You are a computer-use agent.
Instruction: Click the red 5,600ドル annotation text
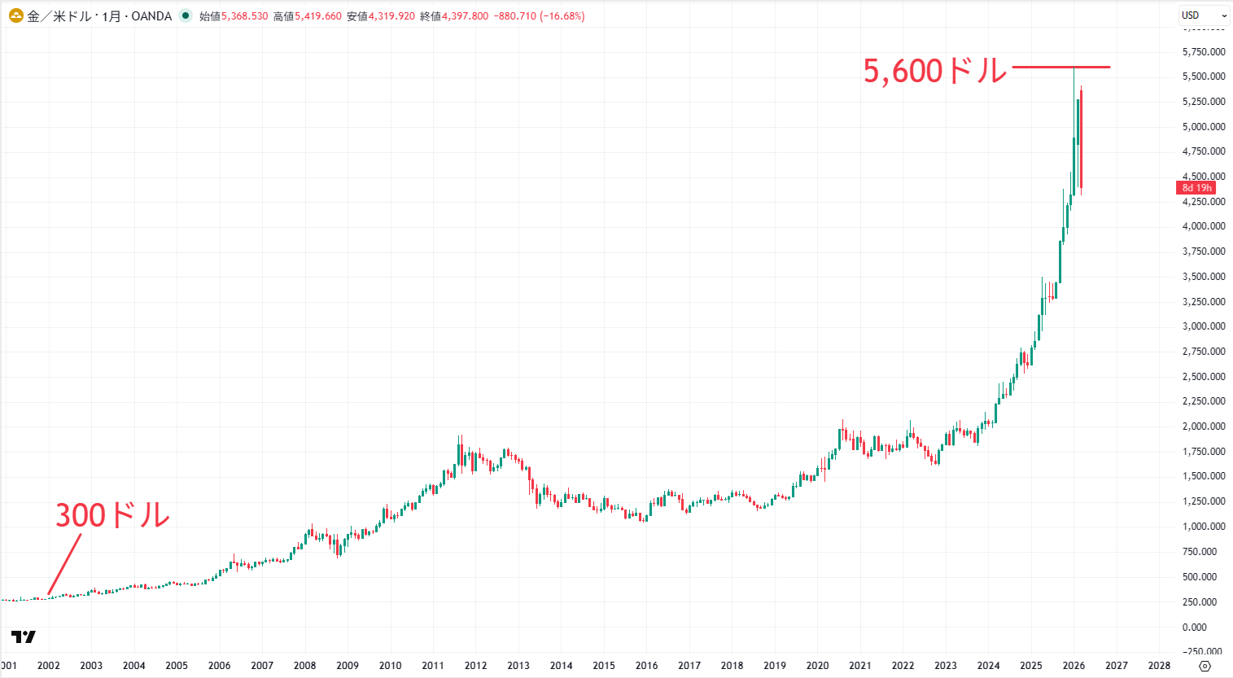point(934,72)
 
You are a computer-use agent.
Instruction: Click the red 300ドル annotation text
point(112,515)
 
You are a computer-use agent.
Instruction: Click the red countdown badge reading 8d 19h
point(1196,188)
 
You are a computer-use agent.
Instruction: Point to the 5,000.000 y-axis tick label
point(1204,127)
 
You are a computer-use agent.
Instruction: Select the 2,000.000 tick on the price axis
point(1204,426)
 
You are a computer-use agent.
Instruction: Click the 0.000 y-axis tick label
point(1194,628)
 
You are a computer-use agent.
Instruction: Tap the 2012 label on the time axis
point(475,666)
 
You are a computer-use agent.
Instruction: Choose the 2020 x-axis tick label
point(817,666)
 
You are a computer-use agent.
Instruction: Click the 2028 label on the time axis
point(1159,666)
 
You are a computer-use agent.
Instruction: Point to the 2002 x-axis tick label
point(49,666)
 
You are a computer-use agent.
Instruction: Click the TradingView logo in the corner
point(24,636)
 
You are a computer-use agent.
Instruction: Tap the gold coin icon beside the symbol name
point(15,15)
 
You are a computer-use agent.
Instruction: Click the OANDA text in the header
point(151,16)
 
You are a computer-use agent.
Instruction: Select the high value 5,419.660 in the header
point(318,16)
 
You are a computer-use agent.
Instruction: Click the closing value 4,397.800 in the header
point(465,16)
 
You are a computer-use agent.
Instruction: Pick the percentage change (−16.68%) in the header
point(562,16)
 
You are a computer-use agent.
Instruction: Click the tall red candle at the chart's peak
point(1081,138)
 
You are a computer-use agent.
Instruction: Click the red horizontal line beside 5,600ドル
point(1060,67)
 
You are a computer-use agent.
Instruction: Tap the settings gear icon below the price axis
point(1205,666)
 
